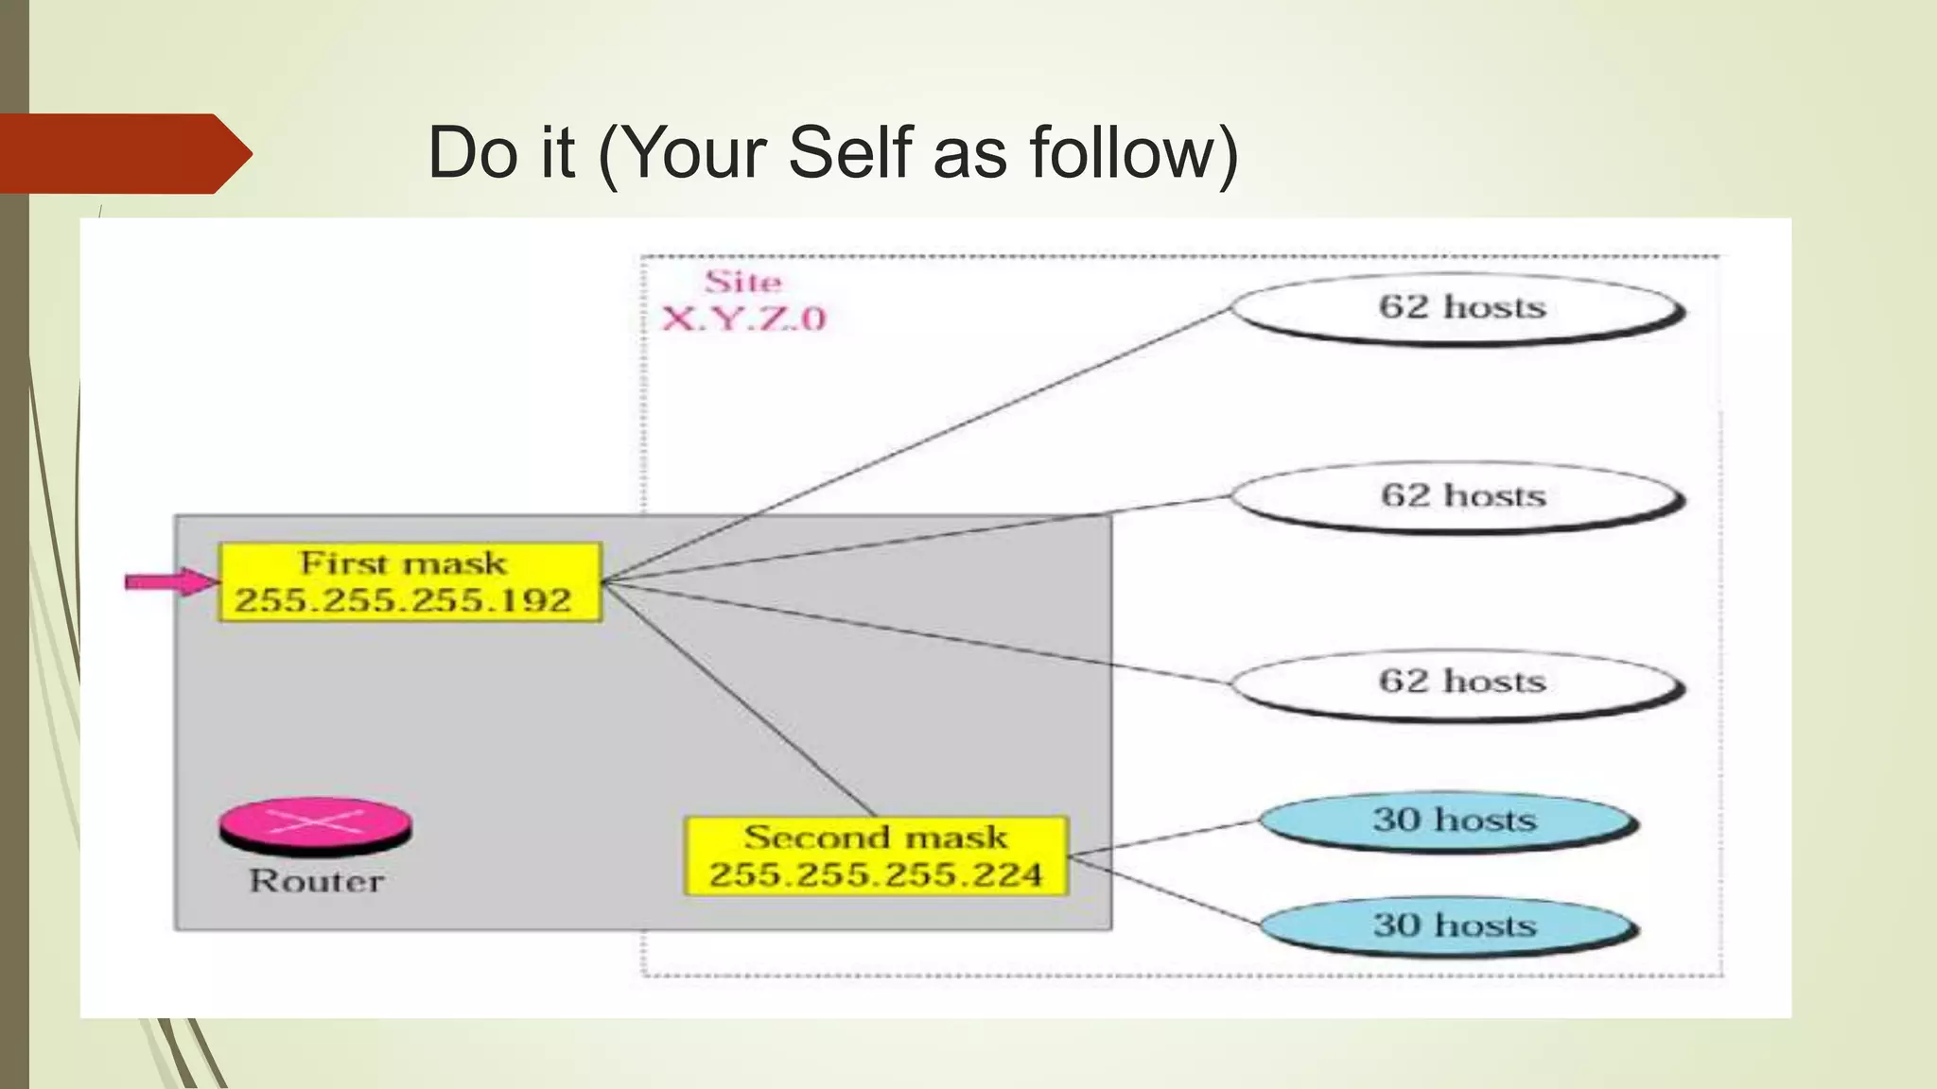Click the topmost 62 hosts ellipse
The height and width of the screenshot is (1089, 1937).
click(x=1457, y=308)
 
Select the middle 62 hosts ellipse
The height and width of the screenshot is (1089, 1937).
click(x=1457, y=497)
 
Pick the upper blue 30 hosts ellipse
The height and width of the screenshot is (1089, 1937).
click(x=1449, y=821)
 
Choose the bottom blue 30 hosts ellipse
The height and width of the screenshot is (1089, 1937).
click(x=1449, y=925)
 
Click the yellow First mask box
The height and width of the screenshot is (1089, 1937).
click(x=410, y=581)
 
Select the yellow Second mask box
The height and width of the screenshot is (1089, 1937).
click(x=876, y=856)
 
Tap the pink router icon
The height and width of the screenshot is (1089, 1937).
click(x=316, y=824)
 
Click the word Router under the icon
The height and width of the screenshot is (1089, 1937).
click(x=316, y=881)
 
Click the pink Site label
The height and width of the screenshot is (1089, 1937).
click(x=742, y=282)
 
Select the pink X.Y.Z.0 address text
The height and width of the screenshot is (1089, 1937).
click(x=743, y=319)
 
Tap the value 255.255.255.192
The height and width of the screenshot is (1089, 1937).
click(x=403, y=600)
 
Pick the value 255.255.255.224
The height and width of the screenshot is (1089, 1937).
click(x=876, y=875)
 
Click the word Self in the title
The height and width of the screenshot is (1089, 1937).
click(x=850, y=153)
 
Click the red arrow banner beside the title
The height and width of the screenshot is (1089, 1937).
click(x=123, y=153)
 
